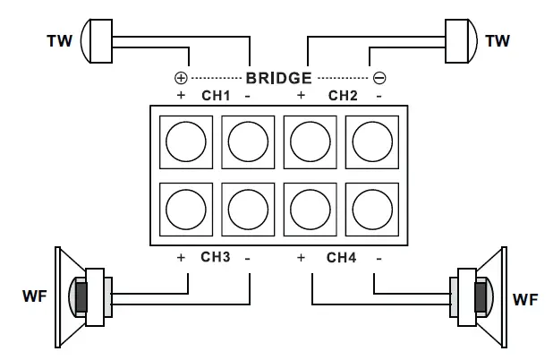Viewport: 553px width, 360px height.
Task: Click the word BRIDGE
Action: (278, 78)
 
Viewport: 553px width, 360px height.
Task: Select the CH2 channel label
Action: (343, 94)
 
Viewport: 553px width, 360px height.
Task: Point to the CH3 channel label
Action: (216, 257)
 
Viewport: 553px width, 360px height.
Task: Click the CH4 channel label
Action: (341, 257)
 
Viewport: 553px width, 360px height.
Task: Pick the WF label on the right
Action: (525, 297)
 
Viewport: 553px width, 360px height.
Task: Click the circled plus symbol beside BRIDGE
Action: (181, 78)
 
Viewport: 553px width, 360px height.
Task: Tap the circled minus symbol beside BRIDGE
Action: (379, 78)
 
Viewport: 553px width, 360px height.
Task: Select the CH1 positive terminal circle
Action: (186, 138)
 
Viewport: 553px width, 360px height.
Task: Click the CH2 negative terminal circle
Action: (371, 138)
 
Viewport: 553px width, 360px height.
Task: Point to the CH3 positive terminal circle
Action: (186, 210)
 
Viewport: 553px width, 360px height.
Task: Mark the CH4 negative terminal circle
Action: (371, 210)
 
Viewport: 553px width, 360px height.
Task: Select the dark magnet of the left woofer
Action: (81, 295)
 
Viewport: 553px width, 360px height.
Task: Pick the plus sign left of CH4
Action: (301, 257)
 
